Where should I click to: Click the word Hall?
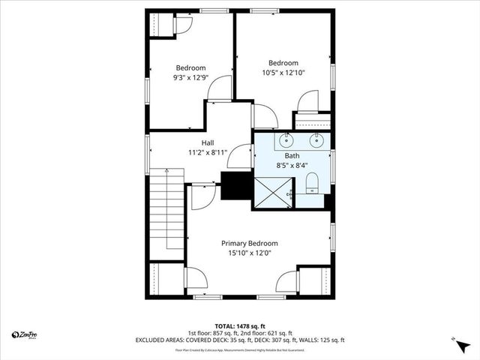coord(208,142)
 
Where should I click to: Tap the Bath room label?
coord(292,155)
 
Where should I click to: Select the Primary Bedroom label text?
coord(249,243)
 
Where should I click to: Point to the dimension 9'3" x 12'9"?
coord(190,77)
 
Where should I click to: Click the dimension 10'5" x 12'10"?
coord(283,73)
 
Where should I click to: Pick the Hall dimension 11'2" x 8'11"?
coord(208,152)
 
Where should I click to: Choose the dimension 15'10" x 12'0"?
coord(249,253)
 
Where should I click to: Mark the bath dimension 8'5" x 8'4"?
coord(292,165)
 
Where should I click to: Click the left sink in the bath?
coord(286,140)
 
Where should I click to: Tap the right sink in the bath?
coord(316,140)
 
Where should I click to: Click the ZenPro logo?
coord(24,334)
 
